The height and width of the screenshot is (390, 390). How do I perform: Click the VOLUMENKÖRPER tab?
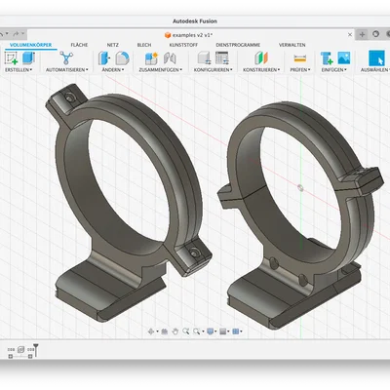click(x=30, y=45)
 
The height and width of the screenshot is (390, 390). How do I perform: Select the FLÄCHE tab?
click(x=80, y=45)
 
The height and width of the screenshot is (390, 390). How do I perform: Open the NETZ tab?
click(x=113, y=45)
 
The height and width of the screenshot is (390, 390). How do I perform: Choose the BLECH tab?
click(x=143, y=45)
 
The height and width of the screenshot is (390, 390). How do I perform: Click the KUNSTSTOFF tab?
click(x=182, y=45)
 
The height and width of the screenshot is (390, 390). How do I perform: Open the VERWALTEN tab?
click(x=292, y=45)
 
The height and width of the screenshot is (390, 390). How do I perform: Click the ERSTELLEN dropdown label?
click(x=19, y=70)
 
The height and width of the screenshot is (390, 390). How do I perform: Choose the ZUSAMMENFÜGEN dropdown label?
click(x=158, y=70)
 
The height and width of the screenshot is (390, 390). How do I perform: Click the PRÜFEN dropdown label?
click(x=299, y=70)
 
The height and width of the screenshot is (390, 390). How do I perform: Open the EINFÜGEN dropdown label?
click(x=333, y=70)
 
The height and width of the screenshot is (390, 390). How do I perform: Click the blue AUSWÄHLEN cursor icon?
click(x=375, y=58)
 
